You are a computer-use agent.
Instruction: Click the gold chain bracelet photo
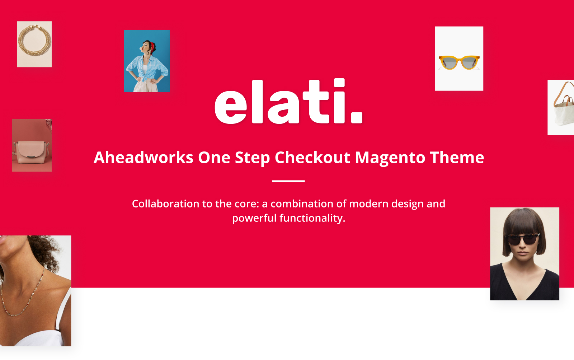pos(34,44)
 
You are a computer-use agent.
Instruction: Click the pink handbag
pos(31,152)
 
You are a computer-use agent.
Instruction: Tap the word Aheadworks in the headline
pos(143,157)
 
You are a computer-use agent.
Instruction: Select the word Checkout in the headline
pos(312,157)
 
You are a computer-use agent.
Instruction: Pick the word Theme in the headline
pos(457,157)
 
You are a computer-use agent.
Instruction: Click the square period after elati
pos(357,117)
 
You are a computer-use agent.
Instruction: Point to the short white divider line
pos(288,181)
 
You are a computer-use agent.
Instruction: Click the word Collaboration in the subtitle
pos(165,204)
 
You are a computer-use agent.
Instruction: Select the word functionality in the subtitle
pos(312,219)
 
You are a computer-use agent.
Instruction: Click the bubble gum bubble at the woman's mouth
pos(141,48)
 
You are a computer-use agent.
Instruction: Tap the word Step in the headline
pos(253,158)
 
